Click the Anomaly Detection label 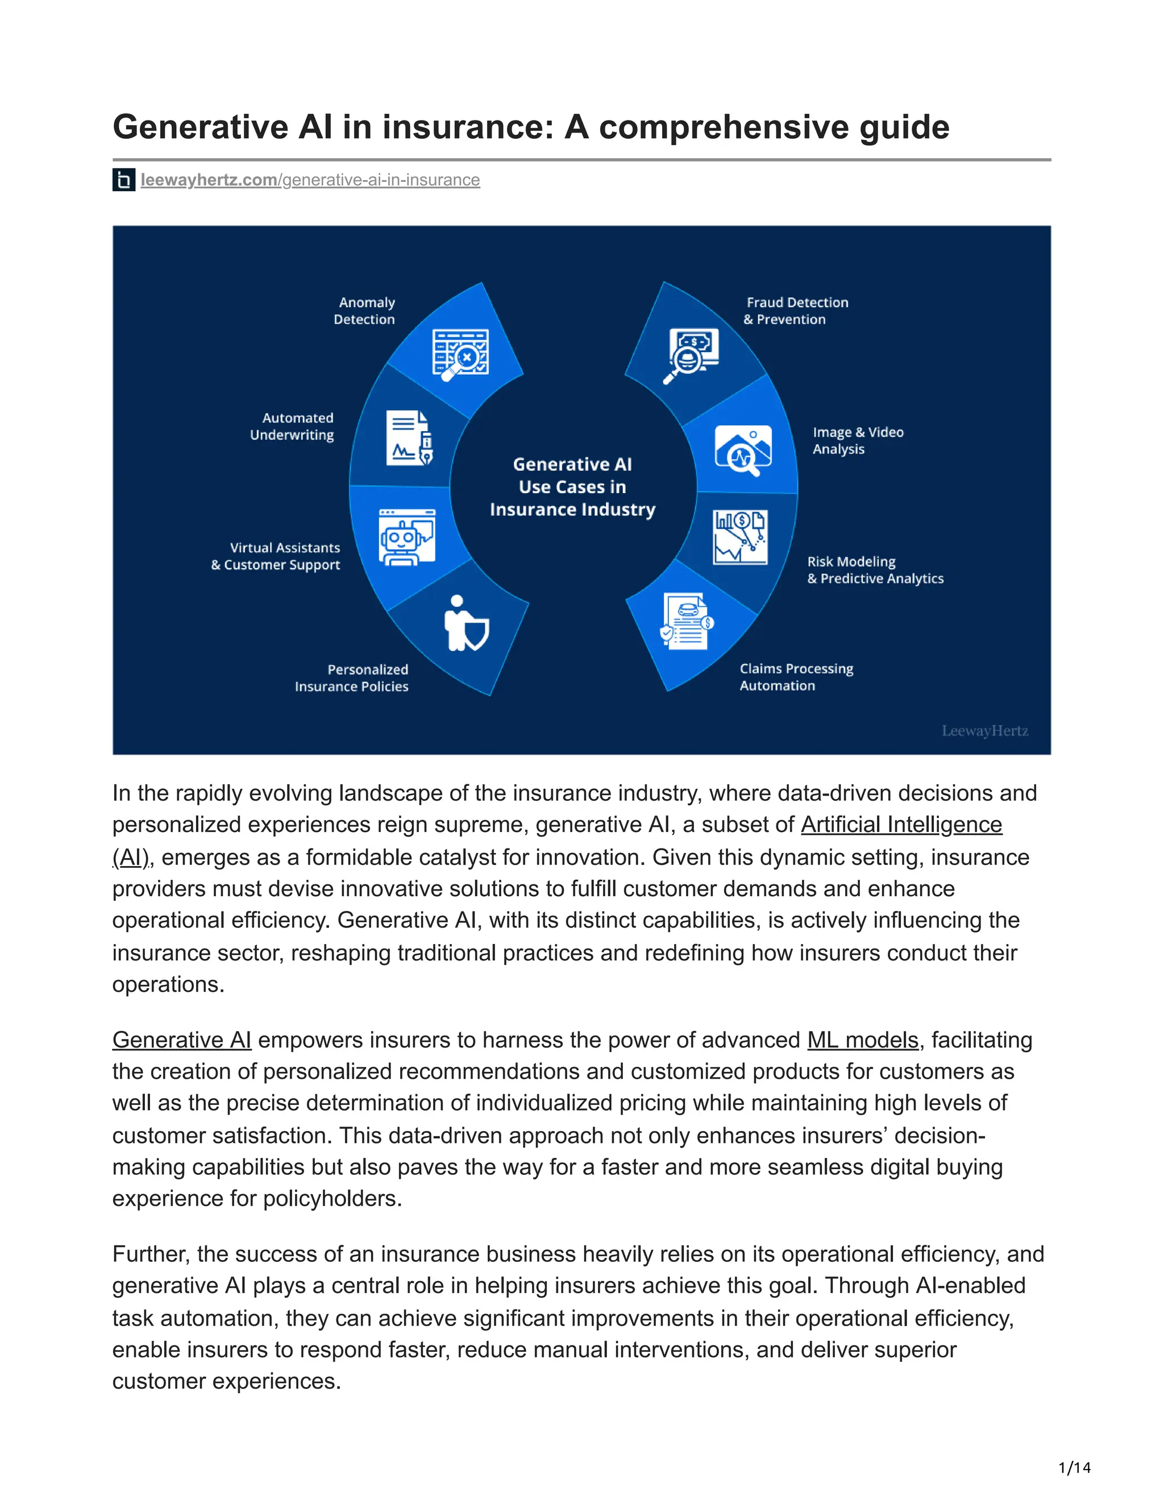click(x=364, y=310)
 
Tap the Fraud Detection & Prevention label click(x=796, y=310)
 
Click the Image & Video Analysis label click(x=857, y=440)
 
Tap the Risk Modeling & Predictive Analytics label click(x=874, y=570)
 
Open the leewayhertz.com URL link click(x=310, y=180)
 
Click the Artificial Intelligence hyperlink click(x=901, y=825)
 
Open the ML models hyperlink click(x=862, y=1040)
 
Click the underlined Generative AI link click(x=181, y=1040)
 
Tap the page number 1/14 click(x=1074, y=1468)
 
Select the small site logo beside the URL click(x=123, y=180)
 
